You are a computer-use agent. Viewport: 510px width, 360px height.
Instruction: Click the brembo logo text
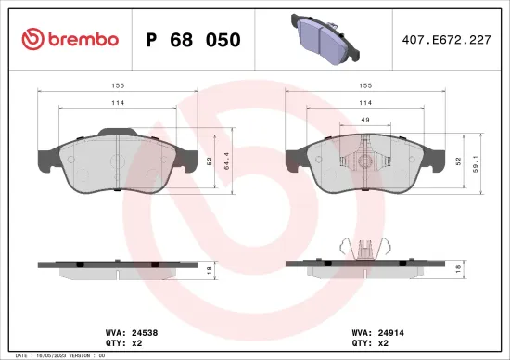[82, 40]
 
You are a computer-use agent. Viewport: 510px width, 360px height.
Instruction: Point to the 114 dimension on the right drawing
[366, 103]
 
